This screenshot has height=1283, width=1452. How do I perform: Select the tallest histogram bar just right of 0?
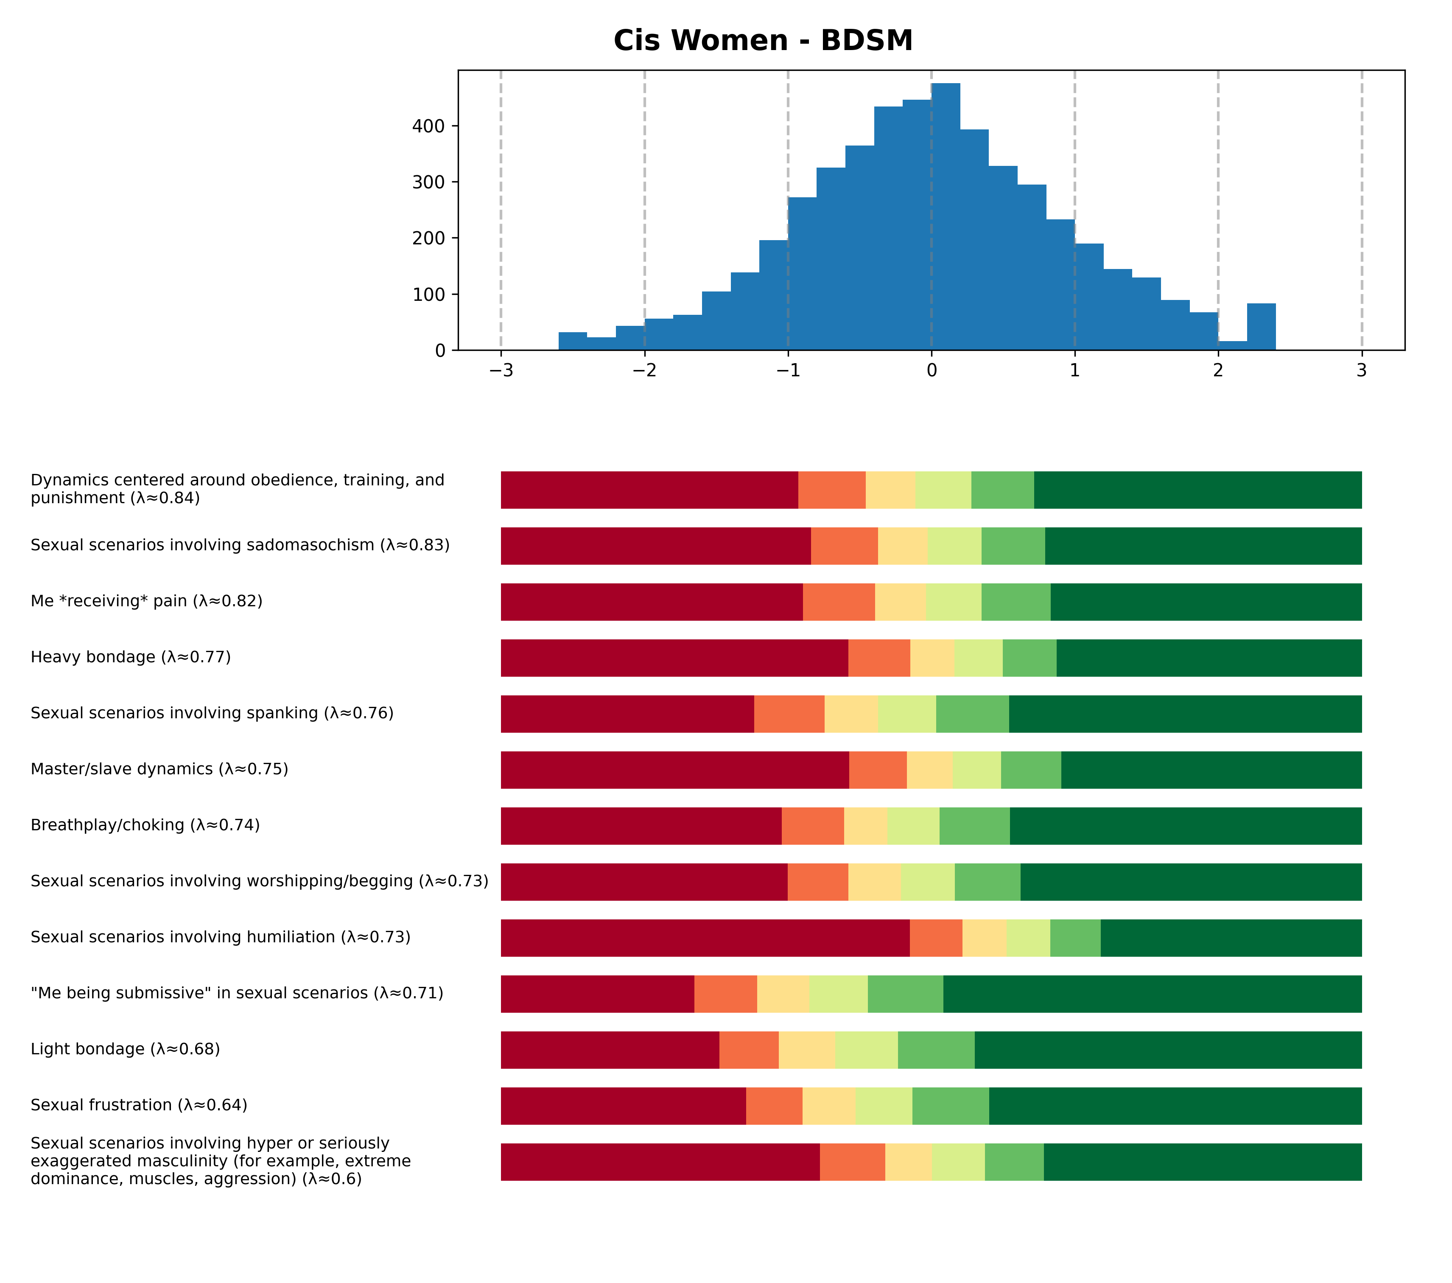(946, 217)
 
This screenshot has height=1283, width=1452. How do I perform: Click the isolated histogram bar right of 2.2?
(1261, 327)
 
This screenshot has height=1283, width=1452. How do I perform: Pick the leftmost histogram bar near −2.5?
(573, 341)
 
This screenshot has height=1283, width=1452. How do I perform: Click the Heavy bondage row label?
(131, 657)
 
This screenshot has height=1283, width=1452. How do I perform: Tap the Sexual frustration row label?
(139, 1105)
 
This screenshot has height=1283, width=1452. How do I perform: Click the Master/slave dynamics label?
(159, 769)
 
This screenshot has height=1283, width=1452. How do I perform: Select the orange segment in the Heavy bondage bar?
(879, 658)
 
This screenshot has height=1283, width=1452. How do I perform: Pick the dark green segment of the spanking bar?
(1185, 714)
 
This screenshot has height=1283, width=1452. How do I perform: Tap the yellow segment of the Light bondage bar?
(806, 1050)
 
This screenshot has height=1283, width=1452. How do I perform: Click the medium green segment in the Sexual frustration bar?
(951, 1106)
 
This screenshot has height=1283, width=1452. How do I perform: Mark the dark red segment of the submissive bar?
(597, 994)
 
